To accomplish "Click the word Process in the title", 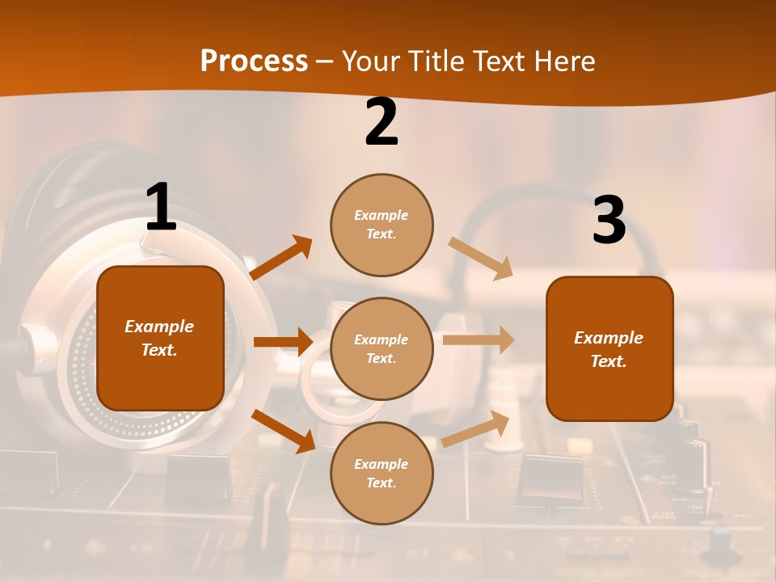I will (254, 61).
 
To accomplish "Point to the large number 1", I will (161, 208).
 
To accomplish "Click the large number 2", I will (382, 123).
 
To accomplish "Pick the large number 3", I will (609, 221).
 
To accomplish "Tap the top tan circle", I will (382, 225).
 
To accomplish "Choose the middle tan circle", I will (382, 348).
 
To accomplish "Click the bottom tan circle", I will (382, 473).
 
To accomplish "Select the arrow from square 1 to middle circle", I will (283, 342).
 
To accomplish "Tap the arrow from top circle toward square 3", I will (481, 258).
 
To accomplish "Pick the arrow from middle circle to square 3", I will (478, 340).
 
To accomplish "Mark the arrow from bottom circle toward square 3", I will (476, 429).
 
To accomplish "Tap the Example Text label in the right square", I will (609, 349).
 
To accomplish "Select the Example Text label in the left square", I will (159, 338).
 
